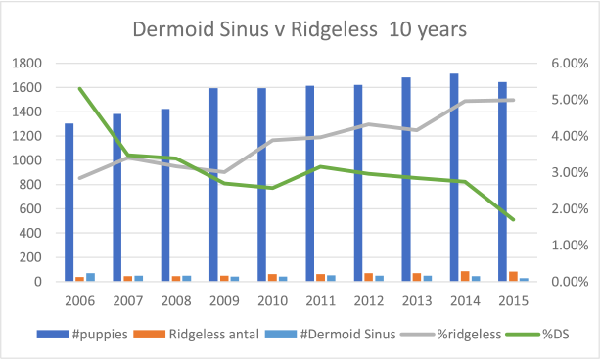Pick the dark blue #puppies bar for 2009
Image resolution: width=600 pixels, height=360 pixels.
click(x=212, y=185)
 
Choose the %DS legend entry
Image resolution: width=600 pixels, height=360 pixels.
click(x=548, y=334)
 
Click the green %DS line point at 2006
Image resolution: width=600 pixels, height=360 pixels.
click(x=80, y=89)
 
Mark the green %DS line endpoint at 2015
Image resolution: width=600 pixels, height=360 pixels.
click(x=514, y=219)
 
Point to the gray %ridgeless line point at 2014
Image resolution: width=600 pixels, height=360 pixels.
click(x=466, y=101)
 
